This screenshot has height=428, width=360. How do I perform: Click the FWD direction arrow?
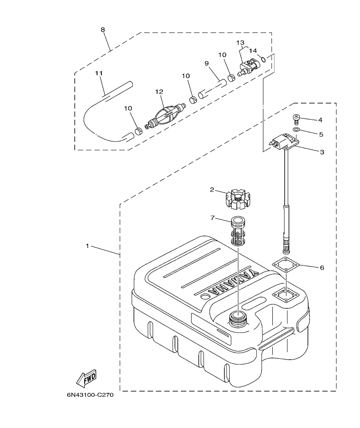[86, 378]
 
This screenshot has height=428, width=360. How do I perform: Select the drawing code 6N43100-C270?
[90, 395]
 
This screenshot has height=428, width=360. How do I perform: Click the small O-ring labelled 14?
[264, 59]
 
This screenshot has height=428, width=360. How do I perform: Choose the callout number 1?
[87, 246]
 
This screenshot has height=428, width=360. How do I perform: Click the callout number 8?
[103, 30]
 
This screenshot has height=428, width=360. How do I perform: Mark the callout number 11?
[99, 73]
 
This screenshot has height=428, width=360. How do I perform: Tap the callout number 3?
[322, 152]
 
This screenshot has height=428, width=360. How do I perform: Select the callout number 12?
[159, 92]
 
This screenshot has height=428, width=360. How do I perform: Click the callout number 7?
[212, 218]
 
